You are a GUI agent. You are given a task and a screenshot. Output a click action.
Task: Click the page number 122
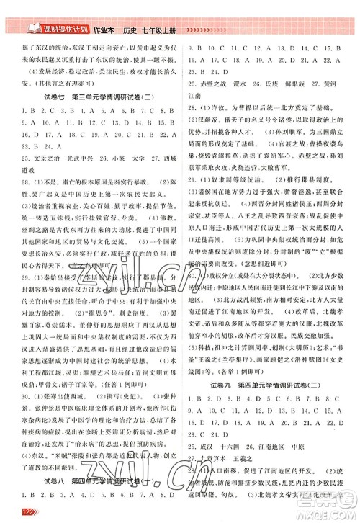tap(12, 512)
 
